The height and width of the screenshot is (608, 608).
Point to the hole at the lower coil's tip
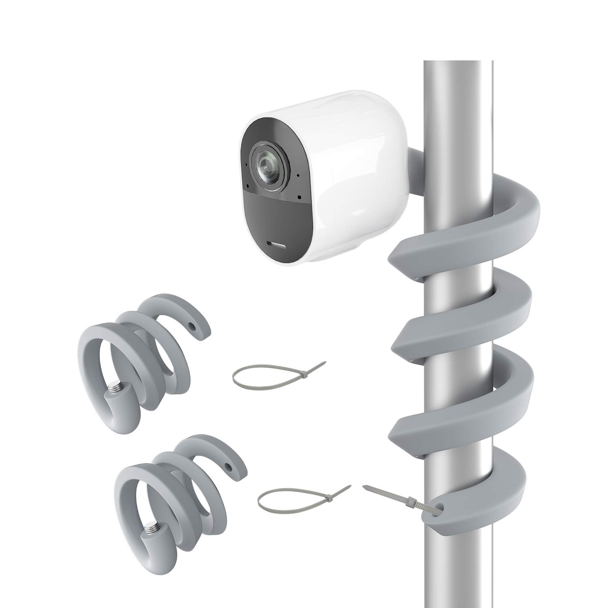[x=233, y=466]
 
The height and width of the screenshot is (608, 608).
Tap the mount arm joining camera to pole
[x=417, y=170]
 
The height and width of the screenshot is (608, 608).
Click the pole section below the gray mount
[x=458, y=576]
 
